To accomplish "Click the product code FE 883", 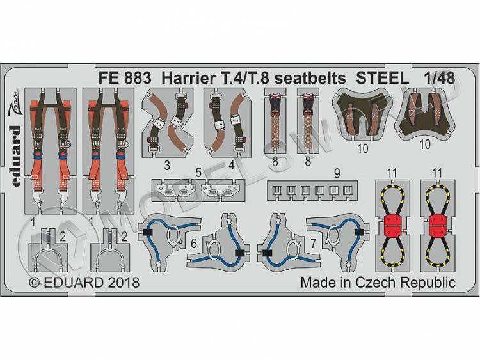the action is pyautogui.click(x=125, y=78).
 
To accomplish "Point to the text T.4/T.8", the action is pyautogui.click(x=245, y=78).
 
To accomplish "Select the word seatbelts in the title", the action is pyautogui.click(x=310, y=78).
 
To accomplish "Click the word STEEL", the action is pyautogui.click(x=382, y=78).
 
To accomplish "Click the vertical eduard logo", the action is pyautogui.click(x=17, y=156).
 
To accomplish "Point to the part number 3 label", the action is pyautogui.click(x=167, y=166).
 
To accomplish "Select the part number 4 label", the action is pyautogui.click(x=232, y=166).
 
